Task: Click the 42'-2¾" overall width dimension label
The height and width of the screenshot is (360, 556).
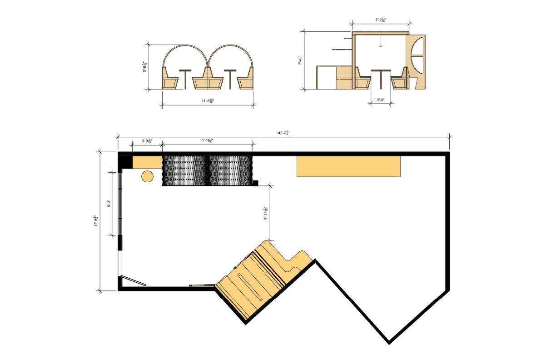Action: (x=284, y=133)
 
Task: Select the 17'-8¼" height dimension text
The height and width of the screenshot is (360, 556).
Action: (x=96, y=221)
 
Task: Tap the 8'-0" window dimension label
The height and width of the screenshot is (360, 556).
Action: (x=109, y=204)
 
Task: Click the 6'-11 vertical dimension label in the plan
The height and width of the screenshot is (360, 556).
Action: (x=266, y=213)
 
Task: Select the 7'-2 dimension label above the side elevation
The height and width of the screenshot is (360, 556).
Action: (x=381, y=20)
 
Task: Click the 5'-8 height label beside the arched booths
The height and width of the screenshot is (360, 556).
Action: (x=145, y=67)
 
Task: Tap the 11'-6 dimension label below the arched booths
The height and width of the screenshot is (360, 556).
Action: (x=207, y=101)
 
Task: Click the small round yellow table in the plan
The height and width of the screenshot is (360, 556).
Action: (x=148, y=176)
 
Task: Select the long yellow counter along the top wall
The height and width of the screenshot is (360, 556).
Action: (x=348, y=166)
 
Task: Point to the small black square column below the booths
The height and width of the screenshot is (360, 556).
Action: (x=255, y=183)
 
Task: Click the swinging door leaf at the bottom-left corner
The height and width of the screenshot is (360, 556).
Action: (x=133, y=281)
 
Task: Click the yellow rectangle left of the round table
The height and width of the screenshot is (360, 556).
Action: (x=147, y=162)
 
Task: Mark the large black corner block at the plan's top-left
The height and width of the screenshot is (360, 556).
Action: (x=125, y=162)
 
